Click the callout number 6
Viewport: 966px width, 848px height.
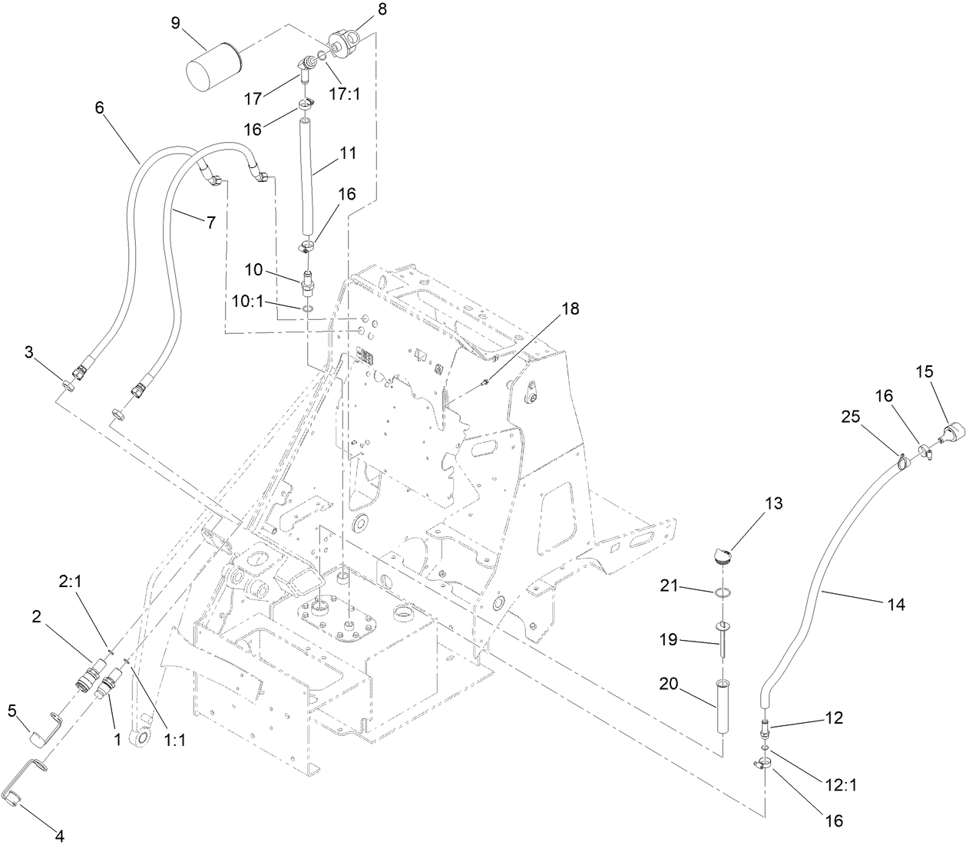(99, 109)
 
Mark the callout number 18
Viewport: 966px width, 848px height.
(570, 309)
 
